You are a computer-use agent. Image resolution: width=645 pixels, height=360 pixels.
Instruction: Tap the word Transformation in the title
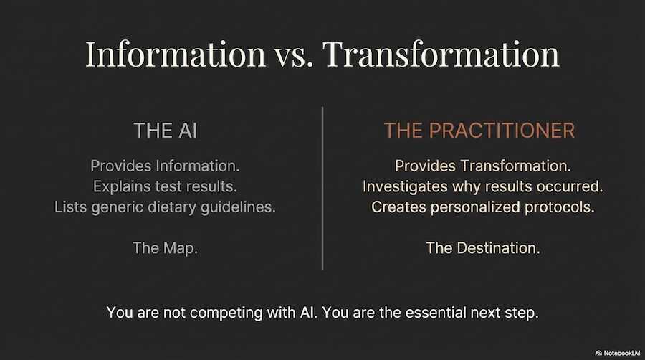click(443, 55)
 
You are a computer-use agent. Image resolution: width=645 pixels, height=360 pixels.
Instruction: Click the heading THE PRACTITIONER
click(479, 131)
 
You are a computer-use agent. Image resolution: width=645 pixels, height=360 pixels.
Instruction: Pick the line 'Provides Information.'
click(165, 166)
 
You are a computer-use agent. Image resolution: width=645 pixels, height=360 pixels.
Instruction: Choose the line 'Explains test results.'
click(165, 186)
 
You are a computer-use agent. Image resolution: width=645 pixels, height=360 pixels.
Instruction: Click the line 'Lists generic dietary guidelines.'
click(165, 207)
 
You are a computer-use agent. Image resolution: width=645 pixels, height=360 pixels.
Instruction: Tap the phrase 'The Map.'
click(165, 248)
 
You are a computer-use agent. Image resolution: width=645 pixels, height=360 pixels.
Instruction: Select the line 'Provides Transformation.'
click(482, 166)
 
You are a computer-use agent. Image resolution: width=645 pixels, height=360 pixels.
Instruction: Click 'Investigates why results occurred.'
click(482, 186)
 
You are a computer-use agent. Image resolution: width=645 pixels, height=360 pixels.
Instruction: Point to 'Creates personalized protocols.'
click(482, 207)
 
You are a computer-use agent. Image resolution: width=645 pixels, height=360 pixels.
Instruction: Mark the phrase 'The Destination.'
click(482, 248)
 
